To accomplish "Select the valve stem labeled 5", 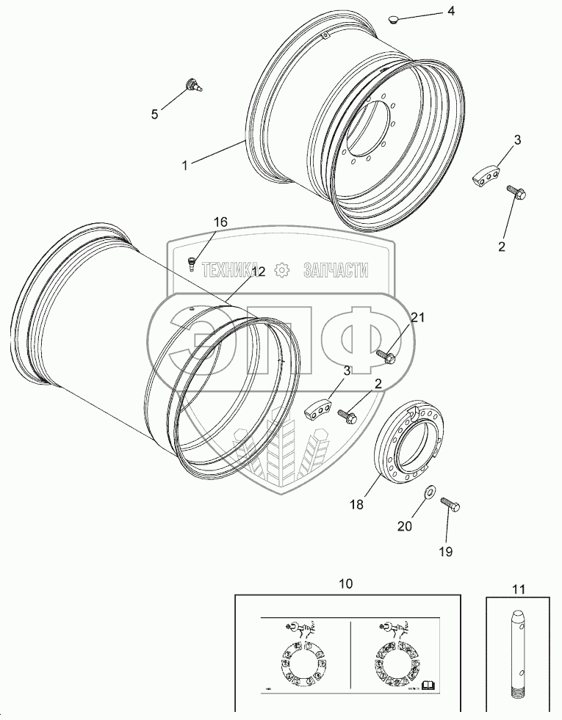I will click(x=195, y=84).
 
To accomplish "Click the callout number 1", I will click(x=185, y=166).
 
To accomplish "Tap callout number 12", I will click(x=258, y=272).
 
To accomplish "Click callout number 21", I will click(x=418, y=317).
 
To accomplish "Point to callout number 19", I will click(x=446, y=550).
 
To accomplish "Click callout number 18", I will click(x=356, y=506).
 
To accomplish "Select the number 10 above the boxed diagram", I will click(x=345, y=583).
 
